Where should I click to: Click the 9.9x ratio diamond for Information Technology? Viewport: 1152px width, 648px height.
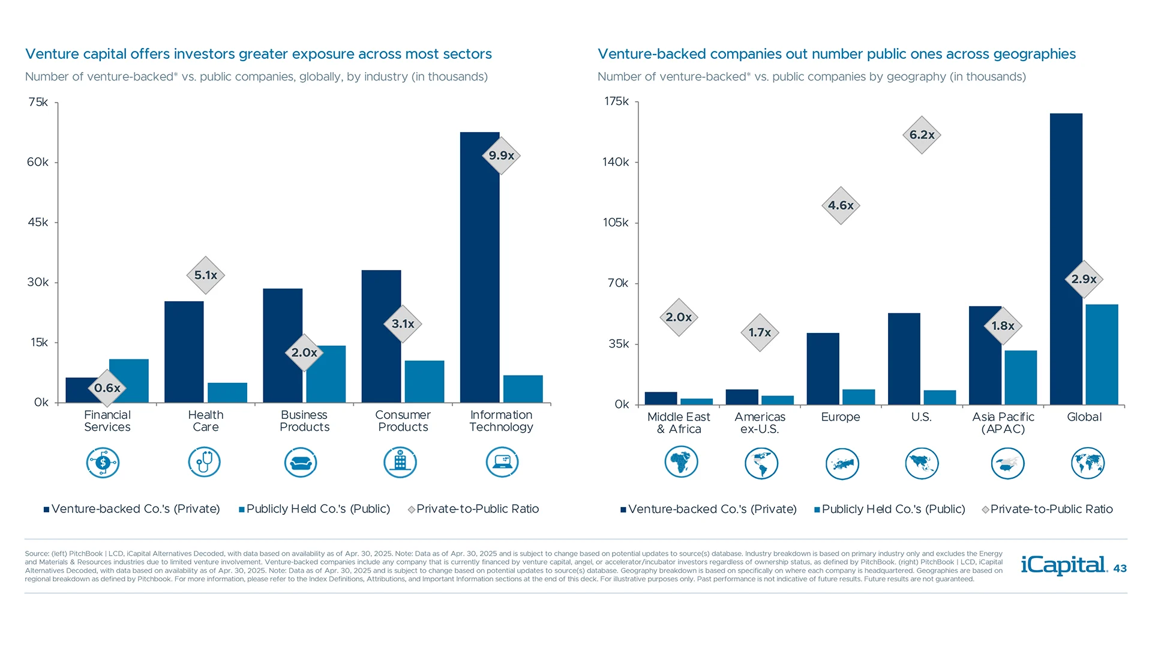(x=501, y=155)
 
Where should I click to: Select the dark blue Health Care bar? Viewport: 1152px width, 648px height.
(x=184, y=351)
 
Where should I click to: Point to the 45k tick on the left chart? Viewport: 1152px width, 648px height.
(x=38, y=222)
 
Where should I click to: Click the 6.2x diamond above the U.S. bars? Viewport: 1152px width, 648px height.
(x=922, y=135)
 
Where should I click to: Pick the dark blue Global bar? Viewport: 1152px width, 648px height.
(x=1066, y=258)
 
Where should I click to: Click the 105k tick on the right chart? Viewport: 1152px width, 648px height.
(x=616, y=223)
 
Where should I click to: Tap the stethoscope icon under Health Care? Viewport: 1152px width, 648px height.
(x=205, y=463)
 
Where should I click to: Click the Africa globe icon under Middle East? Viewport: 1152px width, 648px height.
(x=681, y=463)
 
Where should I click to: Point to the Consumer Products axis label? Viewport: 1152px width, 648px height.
(x=403, y=421)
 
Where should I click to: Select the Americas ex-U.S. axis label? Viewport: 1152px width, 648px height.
(x=760, y=423)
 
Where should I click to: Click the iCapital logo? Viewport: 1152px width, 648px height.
(x=1063, y=565)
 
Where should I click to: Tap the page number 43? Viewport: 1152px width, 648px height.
(x=1120, y=568)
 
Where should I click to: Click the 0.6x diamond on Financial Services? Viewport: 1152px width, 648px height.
(x=107, y=388)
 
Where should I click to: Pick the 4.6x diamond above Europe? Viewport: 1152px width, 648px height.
(x=841, y=206)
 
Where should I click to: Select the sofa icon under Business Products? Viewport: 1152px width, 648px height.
(x=301, y=463)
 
